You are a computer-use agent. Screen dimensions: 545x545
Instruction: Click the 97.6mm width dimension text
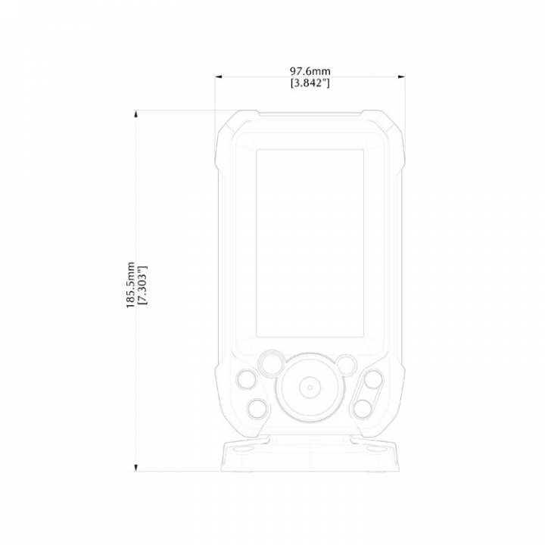pyautogui.click(x=310, y=71)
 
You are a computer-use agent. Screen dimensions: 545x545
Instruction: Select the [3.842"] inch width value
pyautogui.click(x=310, y=83)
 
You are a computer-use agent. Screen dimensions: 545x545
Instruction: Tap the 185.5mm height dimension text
pyautogui.click(x=130, y=285)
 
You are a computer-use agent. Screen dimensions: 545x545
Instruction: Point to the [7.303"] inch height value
pyautogui.click(x=142, y=285)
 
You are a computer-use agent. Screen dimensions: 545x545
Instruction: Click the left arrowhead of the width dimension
pyautogui.click(x=219, y=76)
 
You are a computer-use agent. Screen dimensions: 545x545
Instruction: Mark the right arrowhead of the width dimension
pyautogui.click(x=401, y=76)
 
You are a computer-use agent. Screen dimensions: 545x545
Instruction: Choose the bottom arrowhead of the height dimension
pyautogui.click(x=136, y=468)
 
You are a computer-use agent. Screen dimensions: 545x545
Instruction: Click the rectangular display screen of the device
pyautogui.click(x=310, y=243)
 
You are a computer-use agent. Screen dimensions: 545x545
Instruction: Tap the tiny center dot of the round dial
pyautogui.click(x=310, y=388)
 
